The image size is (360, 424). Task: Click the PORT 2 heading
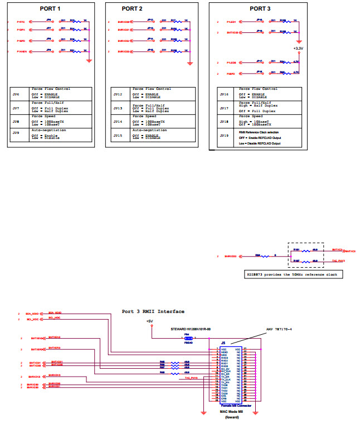click(132, 9)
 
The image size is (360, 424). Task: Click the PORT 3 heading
click(260, 9)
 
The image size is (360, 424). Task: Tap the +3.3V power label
click(299, 48)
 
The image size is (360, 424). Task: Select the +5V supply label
click(149, 321)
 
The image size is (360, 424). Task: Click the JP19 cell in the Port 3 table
click(224, 135)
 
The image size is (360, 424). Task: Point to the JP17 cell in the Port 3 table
click(224, 108)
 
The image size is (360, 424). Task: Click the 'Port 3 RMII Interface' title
click(153, 311)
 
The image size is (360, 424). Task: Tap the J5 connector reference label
click(223, 343)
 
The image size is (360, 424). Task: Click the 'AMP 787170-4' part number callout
click(279, 330)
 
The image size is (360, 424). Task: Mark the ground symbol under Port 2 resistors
click(190, 64)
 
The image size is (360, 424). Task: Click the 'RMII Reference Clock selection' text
click(260, 132)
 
